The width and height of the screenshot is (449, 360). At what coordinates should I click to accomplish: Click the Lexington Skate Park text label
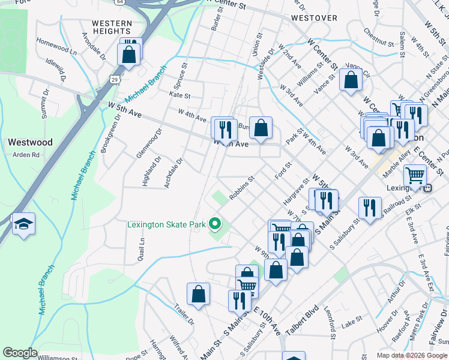click(x=166, y=226)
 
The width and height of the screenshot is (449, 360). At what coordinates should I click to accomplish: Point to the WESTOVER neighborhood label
click(x=314, y=18)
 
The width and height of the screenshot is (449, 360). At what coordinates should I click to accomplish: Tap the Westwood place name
click(x=30, y=143)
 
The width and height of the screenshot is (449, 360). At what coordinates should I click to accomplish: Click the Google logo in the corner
click(x=19, y=353)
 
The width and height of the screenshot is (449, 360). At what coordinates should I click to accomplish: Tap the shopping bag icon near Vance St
click(x=351, y=79)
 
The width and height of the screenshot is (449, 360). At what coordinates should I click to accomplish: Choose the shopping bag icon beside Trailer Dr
click(x=198, y=295)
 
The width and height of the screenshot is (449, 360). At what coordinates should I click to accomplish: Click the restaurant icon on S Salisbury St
click(x=370, y=208)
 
